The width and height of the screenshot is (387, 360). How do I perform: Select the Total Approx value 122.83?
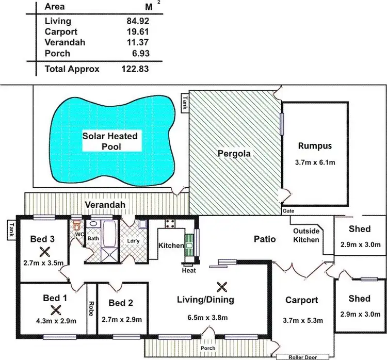pyautogui.click(x=135, y=69)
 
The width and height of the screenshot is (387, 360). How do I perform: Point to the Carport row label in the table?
pyautogui.click(x=60, y=32)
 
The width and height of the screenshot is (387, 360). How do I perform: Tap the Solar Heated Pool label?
pyautogui.click(x=110, y=141)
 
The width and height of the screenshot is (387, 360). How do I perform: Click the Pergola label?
pyautogui.click(x=233, y=153)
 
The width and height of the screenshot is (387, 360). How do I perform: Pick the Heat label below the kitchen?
pyautogui.click(x=189, y=270)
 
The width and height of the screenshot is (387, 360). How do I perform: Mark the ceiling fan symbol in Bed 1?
pyautogui.click(x=55, y=310)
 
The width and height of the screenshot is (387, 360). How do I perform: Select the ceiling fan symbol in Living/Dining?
pyautogui.click(x=222, y=285)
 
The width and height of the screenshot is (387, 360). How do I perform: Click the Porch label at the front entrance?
pyautogui.click(x=208, y=348)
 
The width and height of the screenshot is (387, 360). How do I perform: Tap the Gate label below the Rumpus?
pyautogui.click(x=288, y=211)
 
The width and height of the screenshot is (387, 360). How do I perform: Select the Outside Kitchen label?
pyautogui.click(x=306, y=235)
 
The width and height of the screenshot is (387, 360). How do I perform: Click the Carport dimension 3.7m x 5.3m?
pyautogui.click(x=303, y=320)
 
